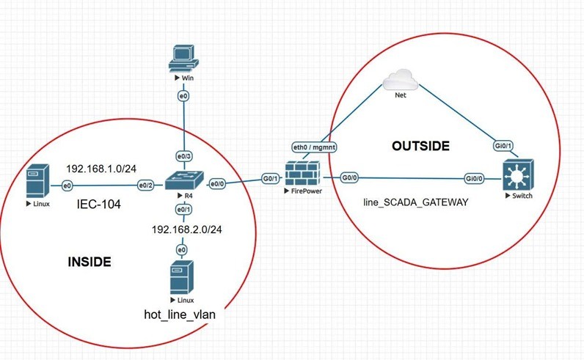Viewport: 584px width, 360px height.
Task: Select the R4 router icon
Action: [x=178, y=179]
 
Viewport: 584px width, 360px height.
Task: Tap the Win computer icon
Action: [x=181, y=58]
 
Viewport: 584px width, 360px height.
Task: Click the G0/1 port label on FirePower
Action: [x=269, y=178]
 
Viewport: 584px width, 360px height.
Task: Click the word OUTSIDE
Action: [x=420, y=146]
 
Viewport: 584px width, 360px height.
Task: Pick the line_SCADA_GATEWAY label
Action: [x=415, y=201]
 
